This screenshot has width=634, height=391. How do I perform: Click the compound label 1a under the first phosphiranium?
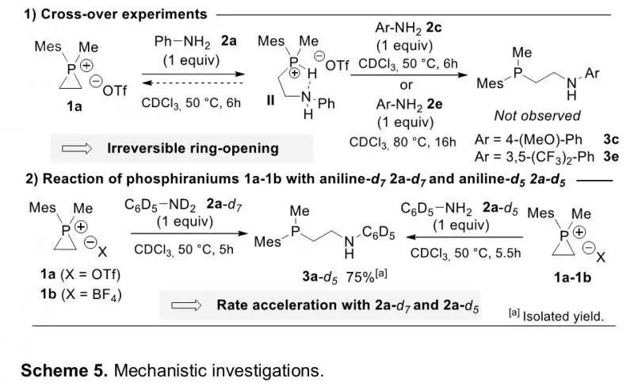74,106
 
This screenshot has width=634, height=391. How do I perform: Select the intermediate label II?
270,100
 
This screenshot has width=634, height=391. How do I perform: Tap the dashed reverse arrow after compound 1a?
193,83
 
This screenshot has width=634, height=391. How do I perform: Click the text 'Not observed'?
537,116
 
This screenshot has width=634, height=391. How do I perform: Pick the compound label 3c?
611,140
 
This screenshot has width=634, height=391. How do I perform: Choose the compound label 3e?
611,156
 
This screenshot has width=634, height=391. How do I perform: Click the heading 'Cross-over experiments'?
124,14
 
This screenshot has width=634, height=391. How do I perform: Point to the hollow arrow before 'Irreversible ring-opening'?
77,148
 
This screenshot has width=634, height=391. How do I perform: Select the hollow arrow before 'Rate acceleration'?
186,305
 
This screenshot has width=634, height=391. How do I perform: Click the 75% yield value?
361,278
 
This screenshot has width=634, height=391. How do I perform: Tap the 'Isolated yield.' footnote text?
563,316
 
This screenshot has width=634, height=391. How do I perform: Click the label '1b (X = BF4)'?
81,294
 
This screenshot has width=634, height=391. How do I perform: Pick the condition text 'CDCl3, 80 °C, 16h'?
403,143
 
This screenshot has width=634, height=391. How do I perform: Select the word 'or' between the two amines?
406,86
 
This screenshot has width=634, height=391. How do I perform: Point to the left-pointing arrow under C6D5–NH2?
465,237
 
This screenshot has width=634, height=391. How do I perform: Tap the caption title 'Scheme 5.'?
64,370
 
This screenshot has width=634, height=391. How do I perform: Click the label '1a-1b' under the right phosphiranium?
572,278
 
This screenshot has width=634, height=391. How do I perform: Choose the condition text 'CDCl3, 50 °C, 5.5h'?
465,253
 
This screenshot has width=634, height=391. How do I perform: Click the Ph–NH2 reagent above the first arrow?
182,42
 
